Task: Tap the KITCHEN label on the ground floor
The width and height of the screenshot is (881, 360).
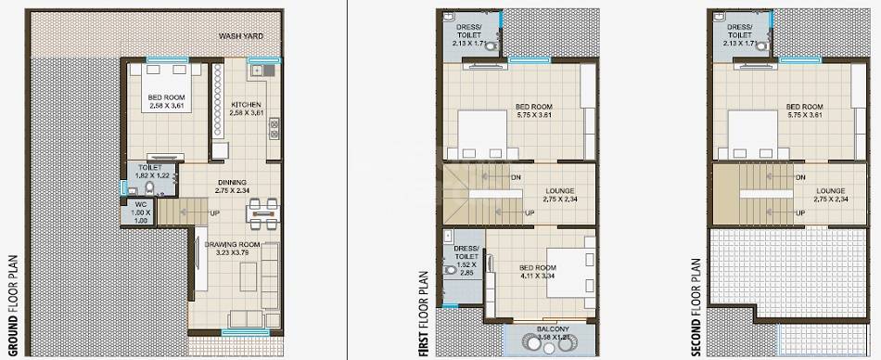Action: pyautogui.click(x=245, y=104)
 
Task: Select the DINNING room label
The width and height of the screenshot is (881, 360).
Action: pyautogui.click(x=232, y=182)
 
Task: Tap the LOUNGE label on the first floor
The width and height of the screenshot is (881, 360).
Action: pyautogui.click(x=560, y=192)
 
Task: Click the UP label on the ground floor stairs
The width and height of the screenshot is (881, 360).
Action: pyautogui.click(x=215, y=214)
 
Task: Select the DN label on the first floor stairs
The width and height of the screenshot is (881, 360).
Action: pyautogui.click(x=516, y=177)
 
